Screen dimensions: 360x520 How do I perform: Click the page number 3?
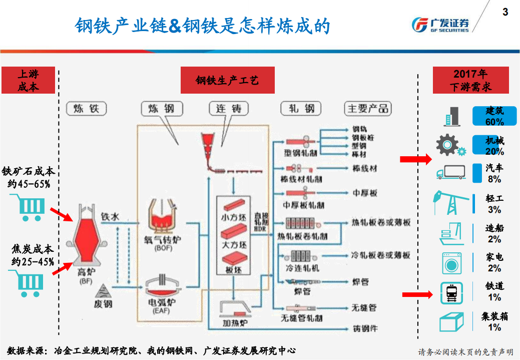pos(505,12)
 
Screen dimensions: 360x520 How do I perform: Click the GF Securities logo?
pos(440,24)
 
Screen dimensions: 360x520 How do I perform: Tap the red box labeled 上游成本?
pos(28,80)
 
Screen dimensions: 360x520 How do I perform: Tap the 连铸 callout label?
pos(229,109)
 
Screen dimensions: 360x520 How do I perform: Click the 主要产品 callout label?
pos(368,109)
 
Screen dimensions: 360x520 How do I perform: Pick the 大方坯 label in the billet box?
pos(234,245)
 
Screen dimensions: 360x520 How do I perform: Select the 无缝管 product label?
pos(364,307)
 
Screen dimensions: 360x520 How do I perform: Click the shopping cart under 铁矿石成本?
pos(28,207)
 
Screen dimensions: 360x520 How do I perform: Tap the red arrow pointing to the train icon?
pos(417,294)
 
